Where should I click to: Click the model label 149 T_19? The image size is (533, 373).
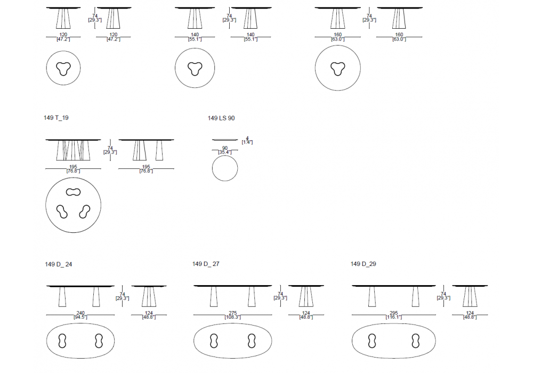point(56,118)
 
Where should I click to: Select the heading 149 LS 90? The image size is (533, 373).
point(221,118)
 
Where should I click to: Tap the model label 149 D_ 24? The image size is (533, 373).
point(59,264)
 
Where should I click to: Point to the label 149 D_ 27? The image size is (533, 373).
point(206,264)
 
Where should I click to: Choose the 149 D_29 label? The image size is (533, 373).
point(364,264)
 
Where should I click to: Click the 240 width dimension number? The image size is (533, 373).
point(80,313)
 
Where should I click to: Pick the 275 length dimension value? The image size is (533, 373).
point(232,313)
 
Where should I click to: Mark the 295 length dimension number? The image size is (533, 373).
point(393,313)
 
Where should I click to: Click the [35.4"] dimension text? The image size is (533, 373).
point(225,152)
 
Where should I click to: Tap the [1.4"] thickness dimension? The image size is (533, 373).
point(247,142)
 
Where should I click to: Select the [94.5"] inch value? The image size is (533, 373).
point(80,318)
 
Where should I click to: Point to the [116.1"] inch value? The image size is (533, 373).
point(393,318)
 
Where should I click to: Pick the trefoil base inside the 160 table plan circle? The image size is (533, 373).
point(337,68)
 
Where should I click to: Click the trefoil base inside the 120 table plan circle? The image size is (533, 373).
point(63,68)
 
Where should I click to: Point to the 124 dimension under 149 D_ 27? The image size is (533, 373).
point(306,313)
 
